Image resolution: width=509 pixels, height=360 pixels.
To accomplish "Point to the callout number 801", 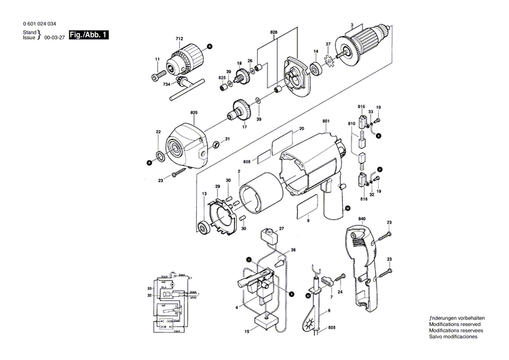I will tap(326, 122).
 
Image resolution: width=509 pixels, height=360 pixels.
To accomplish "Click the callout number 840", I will tap(362, 219).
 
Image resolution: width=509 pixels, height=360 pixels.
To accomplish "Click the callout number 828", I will tap(274, 32).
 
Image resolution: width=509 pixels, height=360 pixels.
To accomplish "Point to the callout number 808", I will tap(247, 162).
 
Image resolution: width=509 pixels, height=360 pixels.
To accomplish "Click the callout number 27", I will tap(281, 229).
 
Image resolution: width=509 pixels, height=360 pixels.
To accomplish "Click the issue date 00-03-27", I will tap(53, 38).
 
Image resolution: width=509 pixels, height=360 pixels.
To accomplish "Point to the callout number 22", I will tap(157, 132).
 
